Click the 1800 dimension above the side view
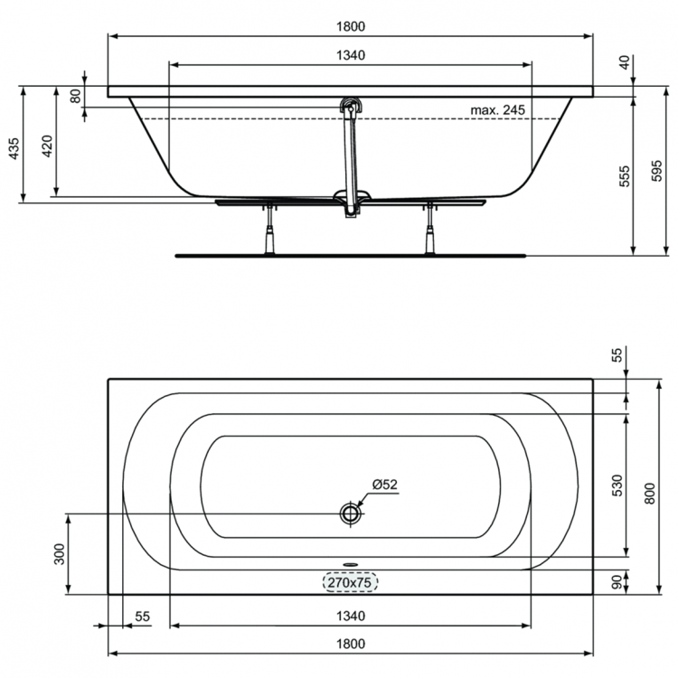coord(351,27)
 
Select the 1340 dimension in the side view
coord(351,56)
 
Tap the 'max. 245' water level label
coord(497,109)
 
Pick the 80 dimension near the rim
coord(76,94)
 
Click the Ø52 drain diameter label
coord(383,484)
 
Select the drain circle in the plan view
coord(351,513)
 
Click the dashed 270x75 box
coord(351,582)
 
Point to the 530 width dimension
coord(616,485)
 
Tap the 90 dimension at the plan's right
coord(616,583)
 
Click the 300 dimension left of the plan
coord(59,553)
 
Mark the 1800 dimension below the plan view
coord(351,644)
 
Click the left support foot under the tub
coord(269,233)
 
